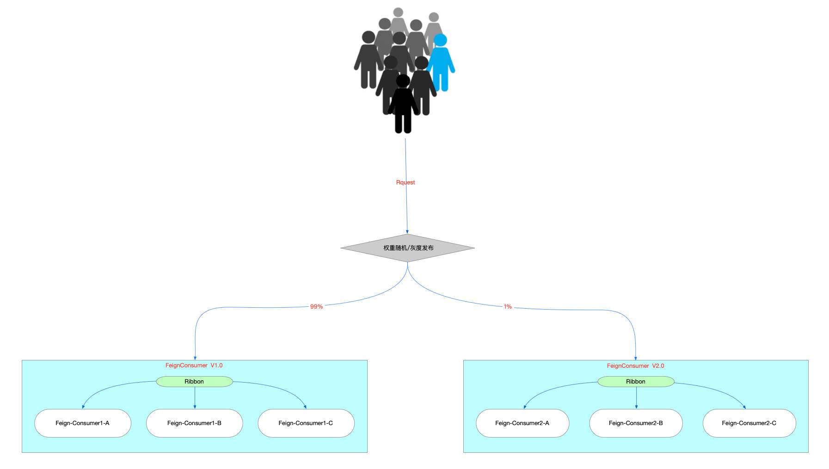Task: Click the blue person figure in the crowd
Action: click(441, 62)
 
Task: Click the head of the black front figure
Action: click(403, 81)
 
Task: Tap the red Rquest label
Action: click(405, 183)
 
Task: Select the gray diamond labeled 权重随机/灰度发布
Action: click(407, 248)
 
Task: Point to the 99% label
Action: click(316, 307)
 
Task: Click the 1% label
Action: click(508, 307)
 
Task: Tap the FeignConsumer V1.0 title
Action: click(194, 365)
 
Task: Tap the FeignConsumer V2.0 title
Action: click(635, 366)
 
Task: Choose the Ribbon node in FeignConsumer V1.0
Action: click(194, 382)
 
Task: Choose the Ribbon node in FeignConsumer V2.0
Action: click(636, 382)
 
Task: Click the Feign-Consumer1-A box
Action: click(83, 423)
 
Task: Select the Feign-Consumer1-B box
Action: click(194, 423)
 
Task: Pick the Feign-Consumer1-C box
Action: click(306, 423)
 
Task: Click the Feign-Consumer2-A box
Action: click(522, 423)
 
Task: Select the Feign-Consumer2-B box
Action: click(636, 423)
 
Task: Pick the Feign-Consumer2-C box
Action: click(749, 423)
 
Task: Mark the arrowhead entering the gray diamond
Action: click(407, 231)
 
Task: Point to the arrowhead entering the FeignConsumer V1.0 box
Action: click(195, 358)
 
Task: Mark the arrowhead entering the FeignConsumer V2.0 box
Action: click(636, 358)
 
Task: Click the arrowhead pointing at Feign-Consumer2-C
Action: click(744, 407)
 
